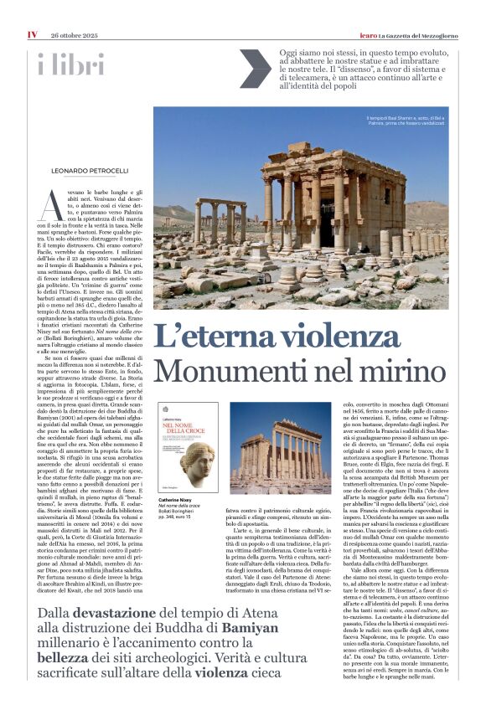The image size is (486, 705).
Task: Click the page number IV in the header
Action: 31,11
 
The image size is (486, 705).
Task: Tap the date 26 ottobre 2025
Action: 76,11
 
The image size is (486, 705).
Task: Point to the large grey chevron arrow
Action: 255,69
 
